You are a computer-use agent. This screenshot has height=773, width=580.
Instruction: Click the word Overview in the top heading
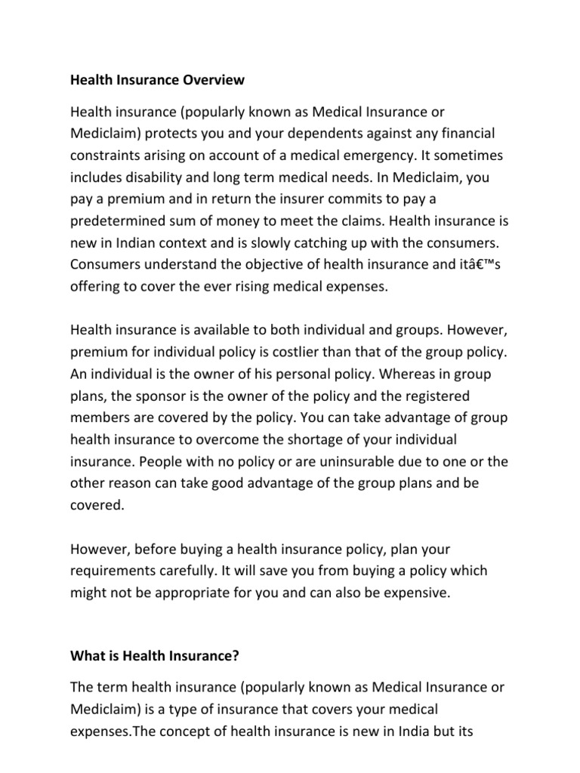coord(211,79)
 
